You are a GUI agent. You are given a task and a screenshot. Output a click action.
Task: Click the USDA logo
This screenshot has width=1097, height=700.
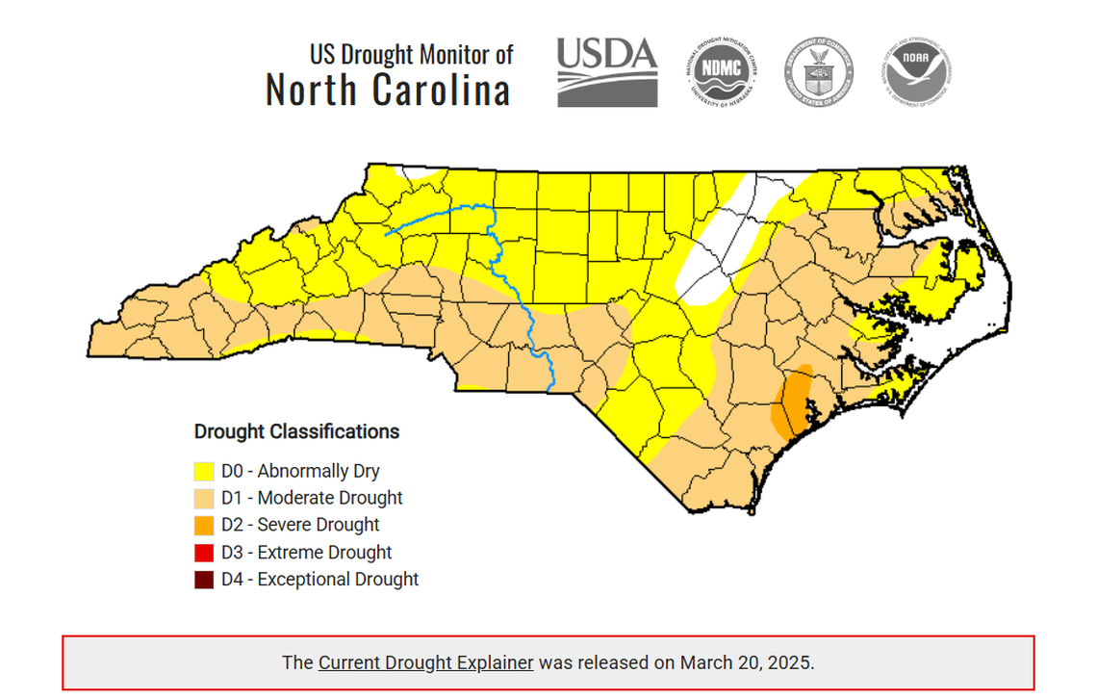pos(607,71)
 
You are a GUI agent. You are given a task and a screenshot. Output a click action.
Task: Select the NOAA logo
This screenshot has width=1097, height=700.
pos(917,71)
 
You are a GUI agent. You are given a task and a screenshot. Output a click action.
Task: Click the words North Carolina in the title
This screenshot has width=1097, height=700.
pos(387,91)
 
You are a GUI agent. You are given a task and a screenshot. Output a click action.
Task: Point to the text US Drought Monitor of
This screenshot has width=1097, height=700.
pos(411,54)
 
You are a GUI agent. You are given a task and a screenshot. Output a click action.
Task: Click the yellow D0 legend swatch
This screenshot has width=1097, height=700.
pos(204,472)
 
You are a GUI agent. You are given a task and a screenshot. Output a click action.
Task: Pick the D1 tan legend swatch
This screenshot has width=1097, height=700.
pos(204,499)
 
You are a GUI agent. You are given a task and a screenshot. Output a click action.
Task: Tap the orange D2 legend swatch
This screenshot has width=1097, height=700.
pos(204,526)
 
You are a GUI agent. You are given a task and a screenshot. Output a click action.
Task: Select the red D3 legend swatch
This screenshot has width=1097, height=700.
pos(204,553)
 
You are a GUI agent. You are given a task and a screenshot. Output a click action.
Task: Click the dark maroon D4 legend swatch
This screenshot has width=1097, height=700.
pos(204,580)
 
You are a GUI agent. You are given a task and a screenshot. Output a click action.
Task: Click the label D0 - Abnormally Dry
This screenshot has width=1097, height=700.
pos(300,472)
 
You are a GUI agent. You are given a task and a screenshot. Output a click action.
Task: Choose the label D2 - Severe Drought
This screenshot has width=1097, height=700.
pos(300,526)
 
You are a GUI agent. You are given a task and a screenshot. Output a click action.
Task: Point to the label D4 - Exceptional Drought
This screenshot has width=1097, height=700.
pos(319,580)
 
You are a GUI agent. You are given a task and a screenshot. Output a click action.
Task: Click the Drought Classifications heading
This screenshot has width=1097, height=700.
pos(296,431)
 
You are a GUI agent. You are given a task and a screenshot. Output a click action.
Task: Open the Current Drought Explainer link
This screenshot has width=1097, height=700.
pos(425,662)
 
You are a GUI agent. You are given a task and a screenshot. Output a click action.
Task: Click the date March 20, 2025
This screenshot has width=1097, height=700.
pos(746,662)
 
